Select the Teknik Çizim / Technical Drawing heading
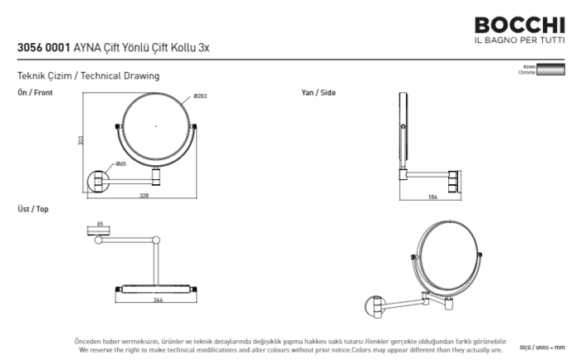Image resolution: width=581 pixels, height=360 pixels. click(88, 75)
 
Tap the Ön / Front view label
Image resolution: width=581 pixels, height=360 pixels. click(35, 93)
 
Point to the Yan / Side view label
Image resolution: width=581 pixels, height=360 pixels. click(318, 93)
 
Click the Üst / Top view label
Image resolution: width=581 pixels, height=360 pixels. click(33, 209)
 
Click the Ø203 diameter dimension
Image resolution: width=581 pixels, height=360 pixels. click(200, 97)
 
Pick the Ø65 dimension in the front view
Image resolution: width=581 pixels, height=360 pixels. click(121, 164)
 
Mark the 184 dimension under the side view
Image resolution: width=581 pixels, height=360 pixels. click(432, 197)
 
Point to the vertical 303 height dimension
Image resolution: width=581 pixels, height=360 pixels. click(81, 140)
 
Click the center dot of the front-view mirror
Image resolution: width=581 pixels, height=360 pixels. click(157, 126)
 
